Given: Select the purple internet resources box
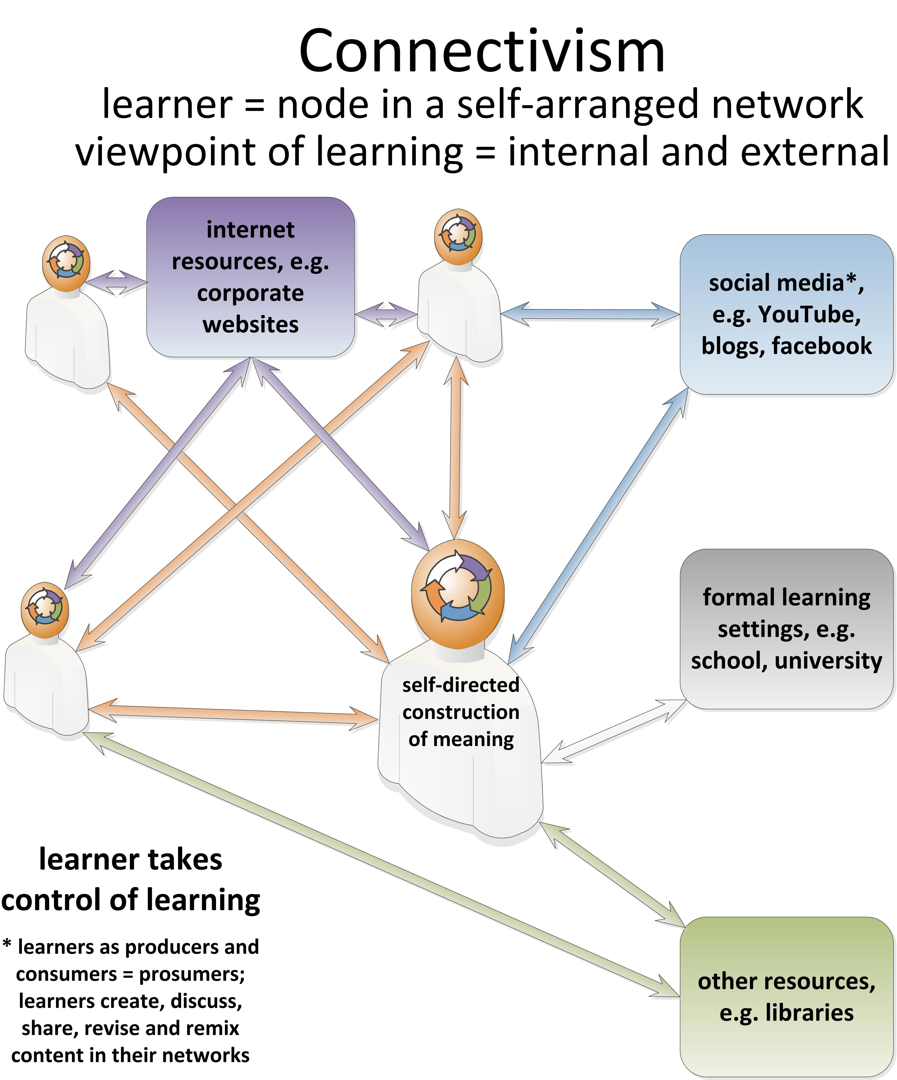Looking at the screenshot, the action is point(251,277).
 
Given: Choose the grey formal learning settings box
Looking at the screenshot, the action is point(786,629).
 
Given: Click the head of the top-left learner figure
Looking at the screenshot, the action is point(66,263).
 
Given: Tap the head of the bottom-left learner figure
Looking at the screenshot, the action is point(45,610).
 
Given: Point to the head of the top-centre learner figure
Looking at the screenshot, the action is point(458,237).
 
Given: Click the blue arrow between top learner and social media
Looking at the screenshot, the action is point(591,314).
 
